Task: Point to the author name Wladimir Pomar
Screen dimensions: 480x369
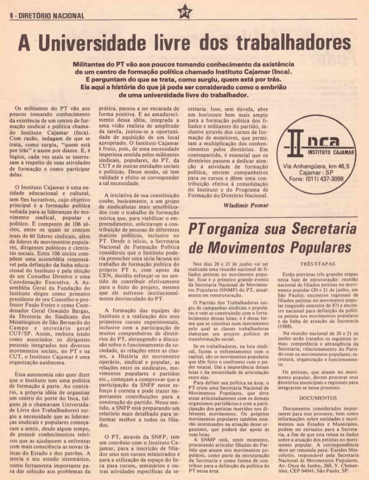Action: [244, 205]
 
